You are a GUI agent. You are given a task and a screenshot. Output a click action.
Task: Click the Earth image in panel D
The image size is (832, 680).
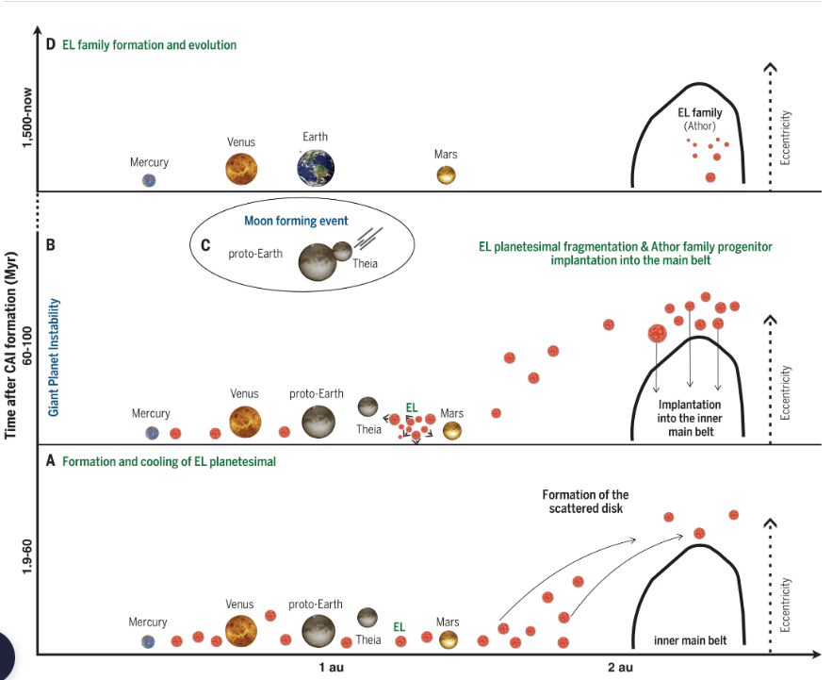point(315,166)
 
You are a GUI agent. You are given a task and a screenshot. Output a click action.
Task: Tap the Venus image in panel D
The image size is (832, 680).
point(241,169)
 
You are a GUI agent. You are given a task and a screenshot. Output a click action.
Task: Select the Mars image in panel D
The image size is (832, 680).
point(446,175)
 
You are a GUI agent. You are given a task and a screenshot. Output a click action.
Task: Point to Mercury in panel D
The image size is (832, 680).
point(149,181)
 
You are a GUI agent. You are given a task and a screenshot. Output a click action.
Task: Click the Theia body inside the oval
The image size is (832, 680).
point(342,250)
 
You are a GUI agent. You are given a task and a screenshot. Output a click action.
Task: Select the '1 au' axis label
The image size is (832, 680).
point(330,668)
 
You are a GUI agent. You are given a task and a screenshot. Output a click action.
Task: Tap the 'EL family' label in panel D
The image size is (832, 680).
point(700,113)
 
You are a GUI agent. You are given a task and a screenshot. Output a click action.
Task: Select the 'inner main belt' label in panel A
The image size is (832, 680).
point(693,641)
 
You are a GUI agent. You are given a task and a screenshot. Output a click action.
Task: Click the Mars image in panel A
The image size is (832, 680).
point(448,639)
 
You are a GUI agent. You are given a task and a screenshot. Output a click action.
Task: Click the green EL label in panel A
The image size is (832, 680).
point(399,625)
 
